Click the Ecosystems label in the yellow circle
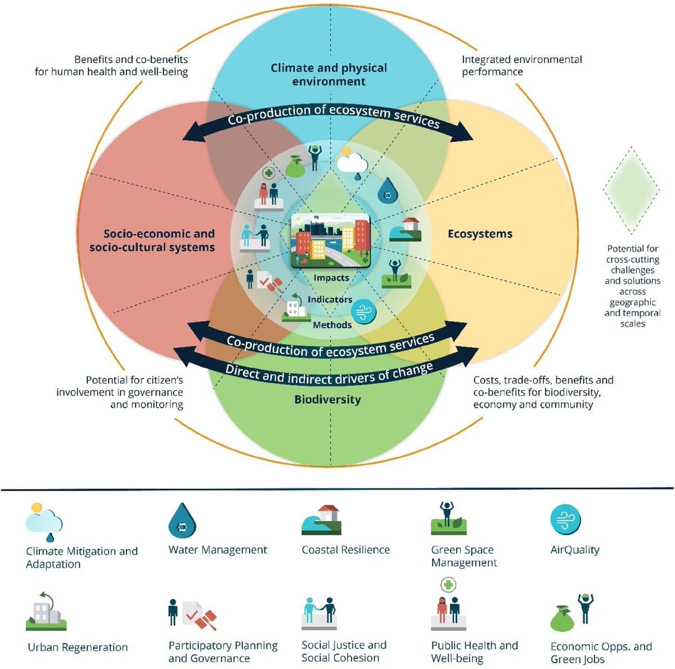click(480, 234)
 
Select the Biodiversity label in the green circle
click(327, 399)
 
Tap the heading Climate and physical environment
click(328, 74)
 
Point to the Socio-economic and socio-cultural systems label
click(152, 240)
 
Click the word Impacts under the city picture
click(331, 277)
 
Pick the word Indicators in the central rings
click(330, 299)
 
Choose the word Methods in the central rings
click(332, 325)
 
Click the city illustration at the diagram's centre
click(330, 240)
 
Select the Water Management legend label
click(218, 550)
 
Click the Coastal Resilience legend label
click(345, 550)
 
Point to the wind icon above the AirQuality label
click(565, 519)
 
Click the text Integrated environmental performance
click(521, 65)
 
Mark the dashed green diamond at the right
click(631, 190)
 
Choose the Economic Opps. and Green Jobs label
click(601, 653)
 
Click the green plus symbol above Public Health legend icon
click(448, 585)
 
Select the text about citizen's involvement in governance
click(119, 392)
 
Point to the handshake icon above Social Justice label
click(319, 613)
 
